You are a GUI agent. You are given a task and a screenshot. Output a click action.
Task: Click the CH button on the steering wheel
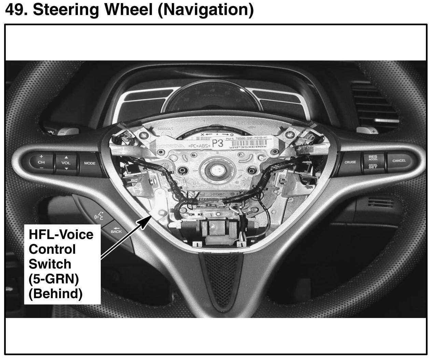coord(41,162)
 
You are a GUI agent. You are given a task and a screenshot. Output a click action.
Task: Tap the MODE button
coord(90,163)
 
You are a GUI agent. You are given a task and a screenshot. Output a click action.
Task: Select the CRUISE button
coord(350,162)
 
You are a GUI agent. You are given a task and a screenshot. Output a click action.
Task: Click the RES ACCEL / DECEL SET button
coord(373,162)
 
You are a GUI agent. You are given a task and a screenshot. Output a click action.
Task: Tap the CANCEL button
coord(399,161)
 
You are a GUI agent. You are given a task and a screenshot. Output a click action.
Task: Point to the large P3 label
coord(218,143)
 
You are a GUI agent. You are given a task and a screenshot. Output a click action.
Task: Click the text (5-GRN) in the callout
coord(54,279)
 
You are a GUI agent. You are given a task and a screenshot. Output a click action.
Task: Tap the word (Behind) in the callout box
coord(55,293)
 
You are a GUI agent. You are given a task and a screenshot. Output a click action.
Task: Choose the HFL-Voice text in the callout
coord(61,234)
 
